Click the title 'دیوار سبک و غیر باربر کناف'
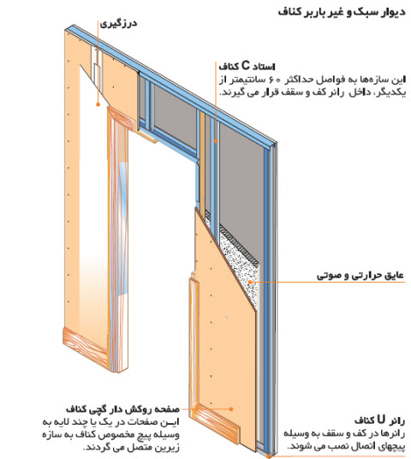point(342,12)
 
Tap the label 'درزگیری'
point(118,24)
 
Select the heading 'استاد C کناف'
point(247,67)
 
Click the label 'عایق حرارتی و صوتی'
point(360,276)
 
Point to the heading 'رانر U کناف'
point(379,420)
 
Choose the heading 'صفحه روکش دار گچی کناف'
point(122,409)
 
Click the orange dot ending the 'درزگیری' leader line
point(98,104)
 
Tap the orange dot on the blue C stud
point(216,140)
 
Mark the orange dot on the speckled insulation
point(250,282)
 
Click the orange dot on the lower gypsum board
point(231,409)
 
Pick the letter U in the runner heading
point(381,420)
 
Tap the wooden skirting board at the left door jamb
point(86,348)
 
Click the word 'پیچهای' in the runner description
point(390,446)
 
